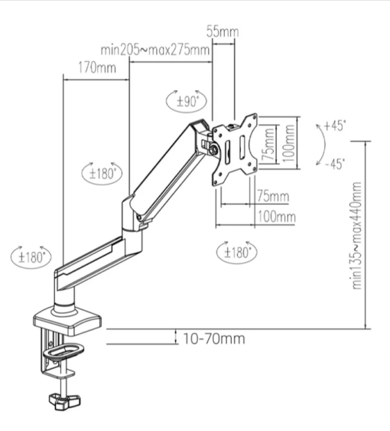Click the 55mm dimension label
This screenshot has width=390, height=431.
(x=223, y=31)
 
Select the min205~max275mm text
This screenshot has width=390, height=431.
(x=155, y=50)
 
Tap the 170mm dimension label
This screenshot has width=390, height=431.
(x=97, y=67)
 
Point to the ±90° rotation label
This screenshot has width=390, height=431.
(x=187, y=102)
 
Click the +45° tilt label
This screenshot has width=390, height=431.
(x=334, y=126)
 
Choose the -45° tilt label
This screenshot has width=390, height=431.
(x=335, y=165)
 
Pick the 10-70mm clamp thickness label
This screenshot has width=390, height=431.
(x=213, y=338)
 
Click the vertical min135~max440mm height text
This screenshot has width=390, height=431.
(x=357, y=235)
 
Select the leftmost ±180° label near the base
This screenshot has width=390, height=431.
(x=31, y=257)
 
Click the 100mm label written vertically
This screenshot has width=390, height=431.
(x=288, y=143)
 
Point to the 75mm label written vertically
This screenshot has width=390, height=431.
(x=268, y=145)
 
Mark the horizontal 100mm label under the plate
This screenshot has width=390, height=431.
(x=277, y=217)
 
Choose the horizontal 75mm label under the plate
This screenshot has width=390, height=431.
(x=273, y=196)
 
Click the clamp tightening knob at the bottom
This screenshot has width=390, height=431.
(x=65, y=402)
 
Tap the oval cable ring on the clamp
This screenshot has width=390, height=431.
(x=63, y=351)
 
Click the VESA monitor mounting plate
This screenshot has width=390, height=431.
(x=235, y=150)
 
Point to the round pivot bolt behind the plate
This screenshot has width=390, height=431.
(x=214, y=149)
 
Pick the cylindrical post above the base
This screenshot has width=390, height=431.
(x=65, y=299)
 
